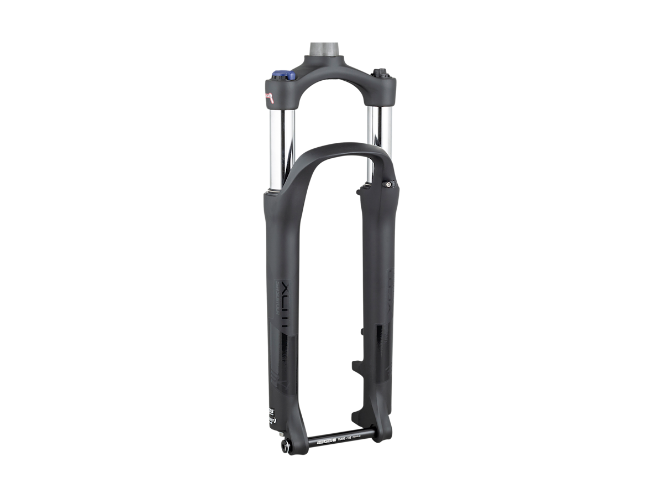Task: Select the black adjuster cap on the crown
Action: point(379,72)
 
